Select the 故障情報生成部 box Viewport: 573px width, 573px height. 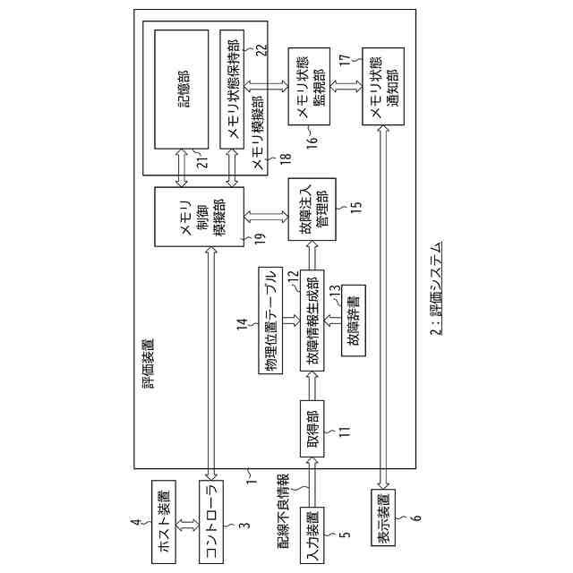tap(312, 322)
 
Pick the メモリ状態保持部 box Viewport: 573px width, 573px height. tap(232, 89)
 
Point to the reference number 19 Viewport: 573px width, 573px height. tap(260, 237)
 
